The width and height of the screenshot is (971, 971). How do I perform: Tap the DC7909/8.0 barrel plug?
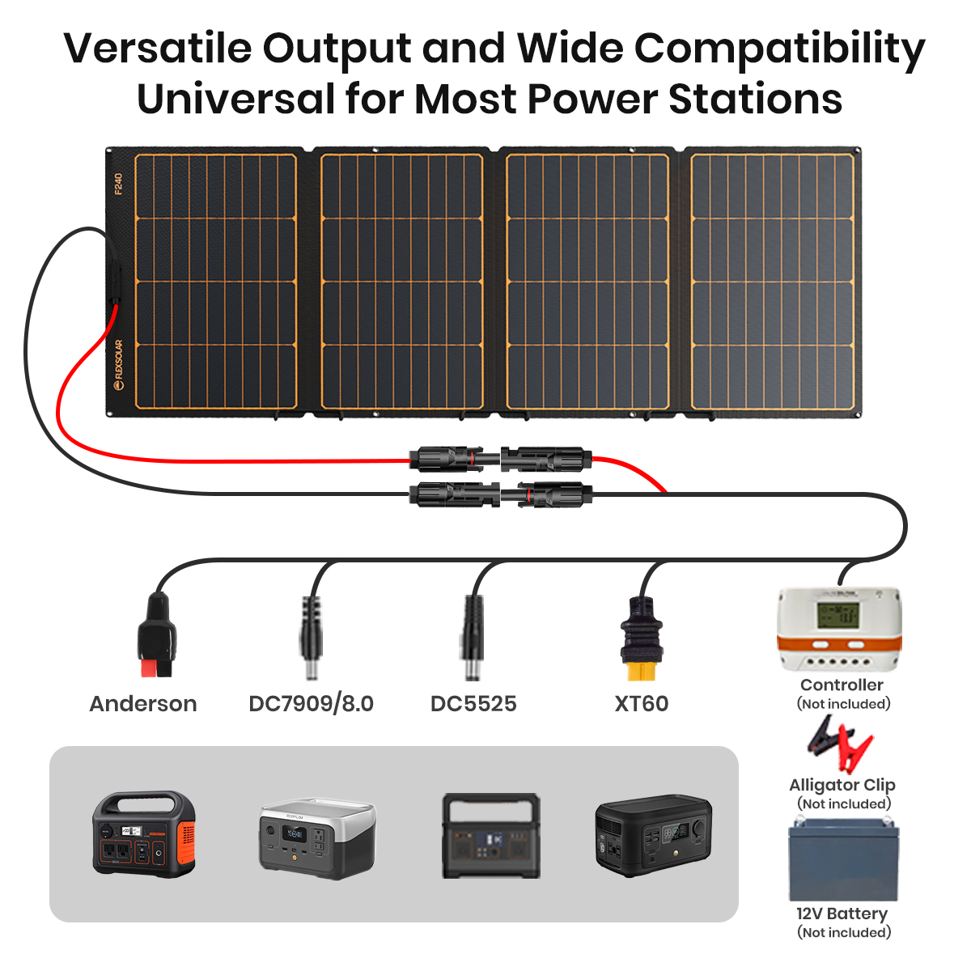pos(311,639)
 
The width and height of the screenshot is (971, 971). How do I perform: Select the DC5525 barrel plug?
pos(473,639)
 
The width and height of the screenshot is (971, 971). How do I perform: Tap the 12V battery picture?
pos(843,859)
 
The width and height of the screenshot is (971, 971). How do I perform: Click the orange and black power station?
pos(144,833)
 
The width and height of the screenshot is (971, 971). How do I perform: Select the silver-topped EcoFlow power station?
pos(317,837)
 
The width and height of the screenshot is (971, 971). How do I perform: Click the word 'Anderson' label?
pos(143,704)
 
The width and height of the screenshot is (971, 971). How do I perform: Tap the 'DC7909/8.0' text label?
pos(311,704)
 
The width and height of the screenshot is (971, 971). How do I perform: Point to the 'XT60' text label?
pos(642,704)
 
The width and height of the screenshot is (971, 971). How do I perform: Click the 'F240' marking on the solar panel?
pos(118,184)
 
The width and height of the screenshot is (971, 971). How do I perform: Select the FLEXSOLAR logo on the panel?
pos(119,365)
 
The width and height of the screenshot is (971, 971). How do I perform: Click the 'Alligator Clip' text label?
pos(842,785)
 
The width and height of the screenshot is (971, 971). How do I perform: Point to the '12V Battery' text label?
pos(842,914)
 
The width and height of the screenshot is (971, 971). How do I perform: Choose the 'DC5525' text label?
pos(473,704)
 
